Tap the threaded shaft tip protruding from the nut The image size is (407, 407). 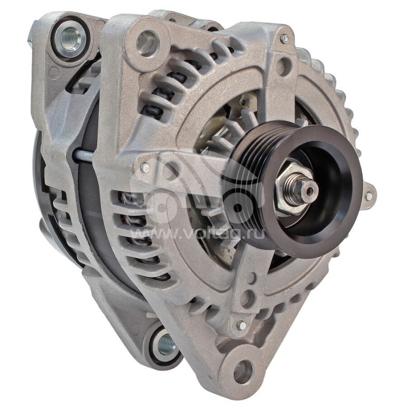pyautogui.click(x=309, y=190)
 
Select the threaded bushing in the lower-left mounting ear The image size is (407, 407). pyautogui.click(x=166, y=345)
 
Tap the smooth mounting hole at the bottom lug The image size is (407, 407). pyautogui.click(x=243, y=370)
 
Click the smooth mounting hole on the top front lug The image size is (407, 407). pyautogui.click(x=148, y=42)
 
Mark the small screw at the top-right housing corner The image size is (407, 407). pyautogui.click(x=284, y=39)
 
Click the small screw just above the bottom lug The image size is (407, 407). pyautogui.click(x=241, y=325)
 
